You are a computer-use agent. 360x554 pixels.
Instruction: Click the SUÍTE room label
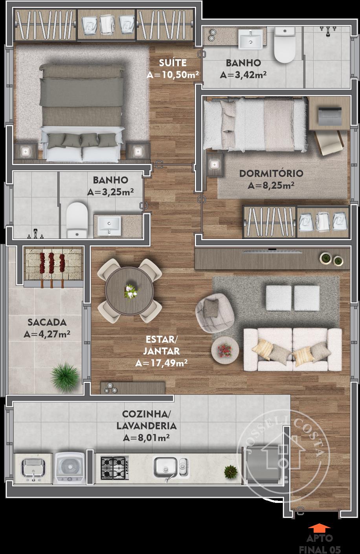click(x=173, y=63)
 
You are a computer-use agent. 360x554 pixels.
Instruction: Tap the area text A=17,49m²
click(x=161, y=363)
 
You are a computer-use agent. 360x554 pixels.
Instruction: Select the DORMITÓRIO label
click(x=271, y=173)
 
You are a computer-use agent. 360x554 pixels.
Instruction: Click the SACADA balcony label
click(x=47, y=322)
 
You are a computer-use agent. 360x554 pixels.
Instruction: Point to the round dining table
click(x=129, y=291)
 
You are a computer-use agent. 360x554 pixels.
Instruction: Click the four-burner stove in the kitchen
click(x=115, y=468)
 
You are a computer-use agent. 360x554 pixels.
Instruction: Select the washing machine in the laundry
click(x=70, y=468)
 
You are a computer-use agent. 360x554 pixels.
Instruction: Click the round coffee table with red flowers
click(x=225, y=350)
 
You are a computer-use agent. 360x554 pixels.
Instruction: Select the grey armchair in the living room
click(x=215, y=313)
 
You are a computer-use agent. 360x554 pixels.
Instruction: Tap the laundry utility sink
click(x=33, y=468)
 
